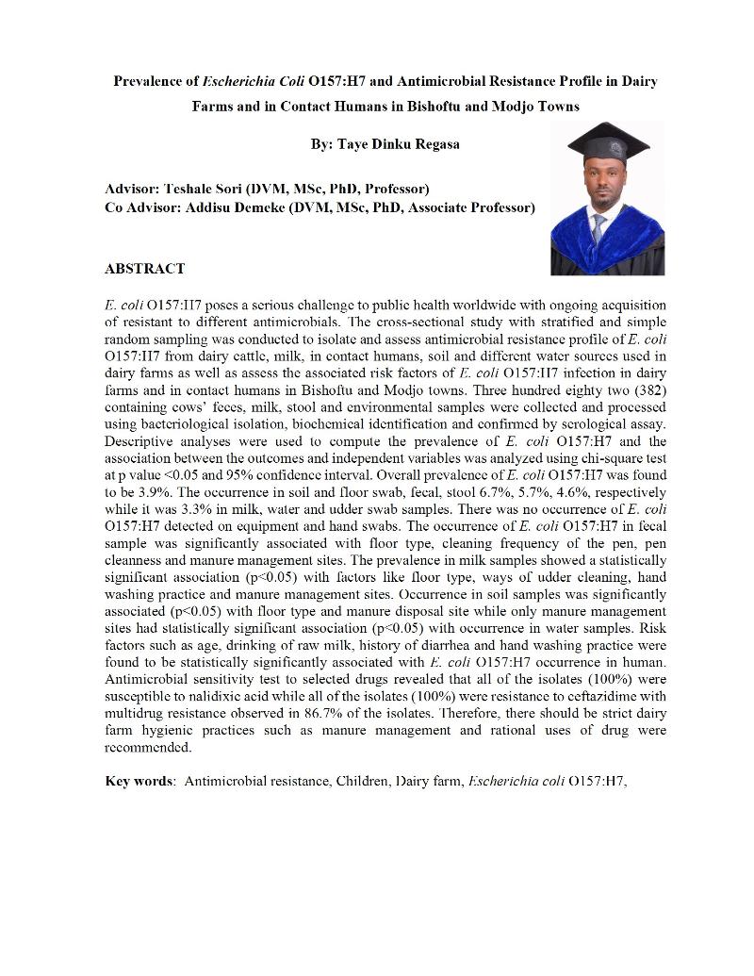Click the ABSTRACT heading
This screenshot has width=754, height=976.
(144, 269)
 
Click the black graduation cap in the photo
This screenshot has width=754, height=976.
(607, 143)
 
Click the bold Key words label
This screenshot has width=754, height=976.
(139, 782)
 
